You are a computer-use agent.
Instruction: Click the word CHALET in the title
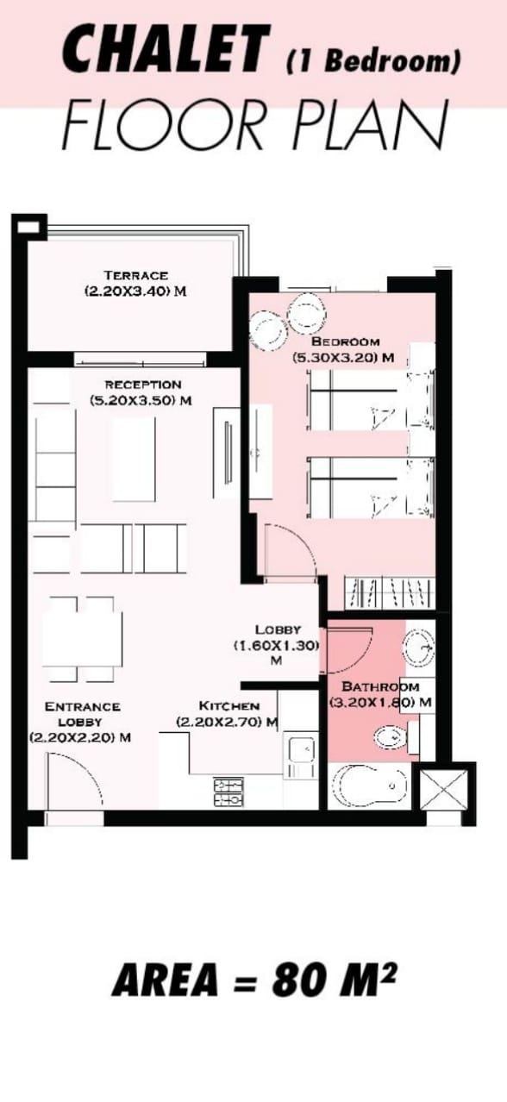[166, 49]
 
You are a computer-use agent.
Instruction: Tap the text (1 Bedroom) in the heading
[373, 62]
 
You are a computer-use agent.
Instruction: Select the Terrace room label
[135, 275]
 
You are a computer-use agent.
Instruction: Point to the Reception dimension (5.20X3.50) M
[141, 400]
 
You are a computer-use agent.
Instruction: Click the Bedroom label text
[345, 341]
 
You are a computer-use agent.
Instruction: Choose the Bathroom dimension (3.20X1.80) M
[380, 702]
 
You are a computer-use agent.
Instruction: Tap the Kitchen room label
[228, 705]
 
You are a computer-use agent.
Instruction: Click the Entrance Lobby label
[82, 714]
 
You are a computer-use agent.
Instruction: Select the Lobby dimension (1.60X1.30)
[277, 646]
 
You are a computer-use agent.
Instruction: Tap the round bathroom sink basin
[418, 649]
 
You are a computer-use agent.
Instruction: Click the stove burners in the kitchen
[228, 792]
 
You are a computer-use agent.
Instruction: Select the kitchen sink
[299, 754]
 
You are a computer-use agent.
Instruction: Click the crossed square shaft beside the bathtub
[442, 788]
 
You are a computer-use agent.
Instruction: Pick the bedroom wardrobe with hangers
[390, 592]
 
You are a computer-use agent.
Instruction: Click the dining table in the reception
[82, 639]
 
